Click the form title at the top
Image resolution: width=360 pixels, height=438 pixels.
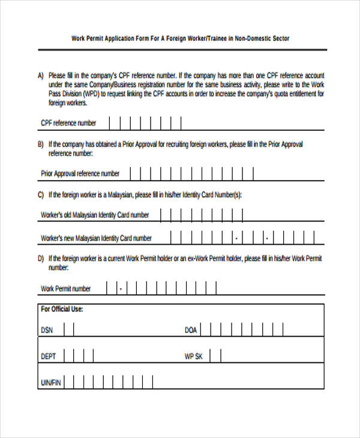coord(180,38)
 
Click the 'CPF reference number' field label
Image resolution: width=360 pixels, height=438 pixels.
coord(68,124)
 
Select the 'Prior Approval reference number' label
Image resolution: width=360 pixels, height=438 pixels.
coord(80,174)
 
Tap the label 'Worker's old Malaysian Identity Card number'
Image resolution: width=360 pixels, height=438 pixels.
coord(95,215)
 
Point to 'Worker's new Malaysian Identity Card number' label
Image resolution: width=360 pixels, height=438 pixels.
coord(96,238)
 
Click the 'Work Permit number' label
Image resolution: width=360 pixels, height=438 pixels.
coord(65,289)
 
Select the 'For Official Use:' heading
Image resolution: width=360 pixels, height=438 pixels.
coord(62,310)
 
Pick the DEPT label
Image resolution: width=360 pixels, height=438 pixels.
coord(49,356)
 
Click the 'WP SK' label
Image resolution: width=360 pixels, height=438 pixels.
coord(194,356)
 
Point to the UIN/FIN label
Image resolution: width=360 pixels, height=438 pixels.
coord(50,382)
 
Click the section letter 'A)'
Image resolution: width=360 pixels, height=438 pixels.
coord(41,76)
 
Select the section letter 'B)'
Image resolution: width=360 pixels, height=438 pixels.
coord(41,145)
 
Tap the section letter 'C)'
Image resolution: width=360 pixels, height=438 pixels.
coord(41,195)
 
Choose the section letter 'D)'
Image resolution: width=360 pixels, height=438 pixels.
coord(41,259)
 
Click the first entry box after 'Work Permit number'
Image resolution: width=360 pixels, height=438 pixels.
coord(112,288)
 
